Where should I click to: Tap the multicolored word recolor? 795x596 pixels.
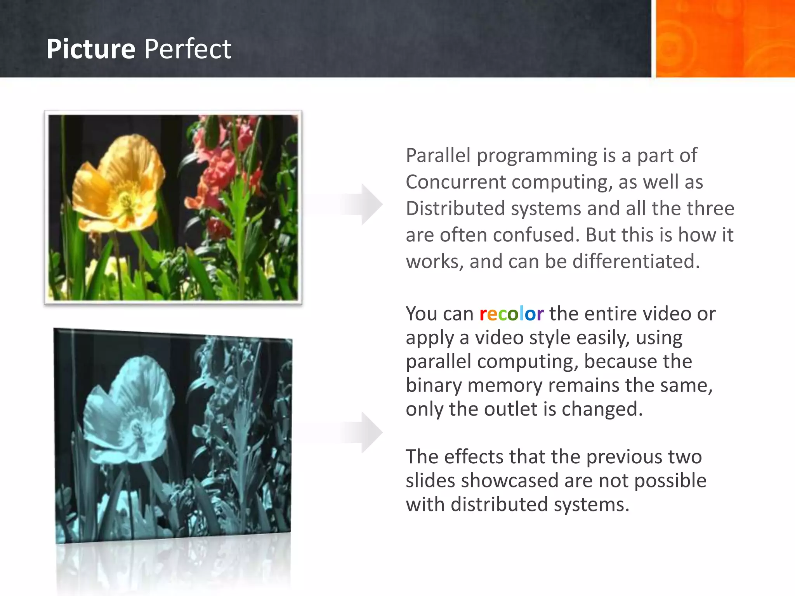(511, 314)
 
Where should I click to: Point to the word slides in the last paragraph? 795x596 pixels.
(430, 481)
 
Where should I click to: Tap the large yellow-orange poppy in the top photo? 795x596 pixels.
(118, 182)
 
